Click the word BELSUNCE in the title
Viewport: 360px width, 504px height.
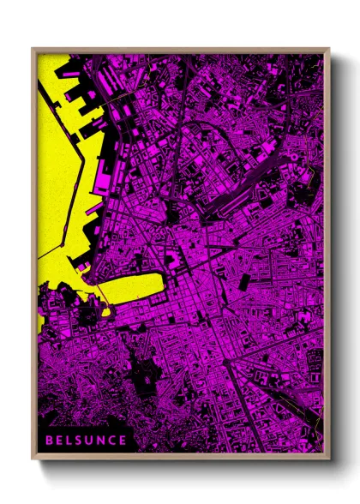point(86,440)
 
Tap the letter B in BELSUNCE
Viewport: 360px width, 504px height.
point(50,440)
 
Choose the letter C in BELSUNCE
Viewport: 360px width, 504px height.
point(113,440)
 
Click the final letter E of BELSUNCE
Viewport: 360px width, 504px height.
point(123,440)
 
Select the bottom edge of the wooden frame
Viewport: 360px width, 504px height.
point(180,457)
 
